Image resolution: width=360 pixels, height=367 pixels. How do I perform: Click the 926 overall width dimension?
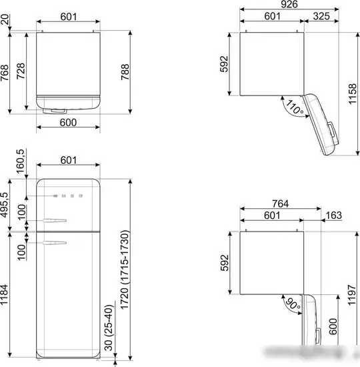289,4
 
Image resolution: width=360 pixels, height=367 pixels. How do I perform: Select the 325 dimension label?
321,16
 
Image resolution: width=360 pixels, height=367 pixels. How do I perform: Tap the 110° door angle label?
295,107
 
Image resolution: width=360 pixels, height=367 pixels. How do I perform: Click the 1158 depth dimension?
352,94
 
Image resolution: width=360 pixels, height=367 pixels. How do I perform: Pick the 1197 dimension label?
352,295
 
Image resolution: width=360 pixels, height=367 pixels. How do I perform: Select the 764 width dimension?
280,204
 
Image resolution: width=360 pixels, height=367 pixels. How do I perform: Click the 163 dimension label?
333,215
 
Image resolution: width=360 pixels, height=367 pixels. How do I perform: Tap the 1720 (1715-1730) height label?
125,270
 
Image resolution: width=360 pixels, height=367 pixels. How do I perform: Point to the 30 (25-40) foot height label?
108,328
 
